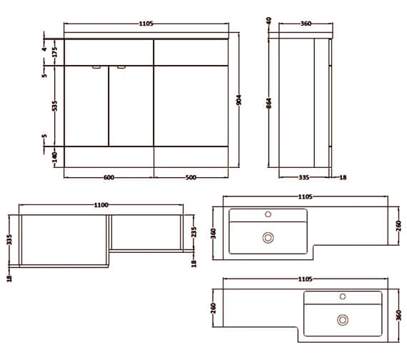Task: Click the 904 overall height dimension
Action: click(x=239, y=100)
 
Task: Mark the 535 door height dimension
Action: click(x=54, y=106)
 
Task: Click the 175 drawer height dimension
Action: click(x=54, y=51)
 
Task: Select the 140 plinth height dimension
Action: click(x=54, y=156)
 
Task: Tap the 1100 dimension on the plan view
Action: click(x=101, y=206)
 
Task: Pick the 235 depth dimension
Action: click(x=194, y=231)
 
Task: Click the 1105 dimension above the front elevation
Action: click(x=146, y=24)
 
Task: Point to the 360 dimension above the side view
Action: click(x=305, y=24)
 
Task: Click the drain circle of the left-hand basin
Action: click(x=268, y=238)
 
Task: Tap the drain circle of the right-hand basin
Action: click(x=343, y=320)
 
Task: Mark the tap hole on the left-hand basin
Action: click(x=268, y=214)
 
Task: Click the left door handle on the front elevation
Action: click(x=96, y=68)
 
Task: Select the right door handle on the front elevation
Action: click(x=121, y=68)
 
